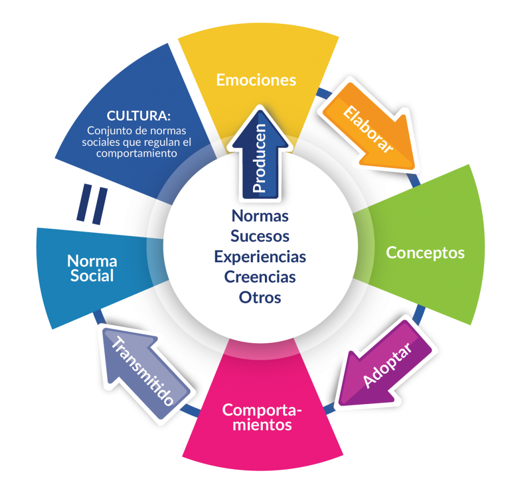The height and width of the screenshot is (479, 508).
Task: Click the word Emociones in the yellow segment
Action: tap(256, 80)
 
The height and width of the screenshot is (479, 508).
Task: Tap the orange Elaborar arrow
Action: tap(370, 130)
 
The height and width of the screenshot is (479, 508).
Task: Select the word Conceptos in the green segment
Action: tap(425, 252)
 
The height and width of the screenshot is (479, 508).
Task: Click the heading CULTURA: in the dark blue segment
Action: tap(139, 117)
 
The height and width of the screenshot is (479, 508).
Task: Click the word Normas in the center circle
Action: tap(260, 216)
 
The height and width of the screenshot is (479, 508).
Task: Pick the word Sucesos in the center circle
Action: tap(260, 236)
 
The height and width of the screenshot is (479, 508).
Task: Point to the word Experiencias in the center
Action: tap(260, 257)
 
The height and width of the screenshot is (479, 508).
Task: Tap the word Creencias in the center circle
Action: tap(260, 277)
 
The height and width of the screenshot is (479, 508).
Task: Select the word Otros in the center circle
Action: tap(260, 298)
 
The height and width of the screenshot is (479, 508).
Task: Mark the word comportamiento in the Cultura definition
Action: tap(137, 154)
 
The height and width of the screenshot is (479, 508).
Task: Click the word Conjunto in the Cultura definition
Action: tap(105, 131)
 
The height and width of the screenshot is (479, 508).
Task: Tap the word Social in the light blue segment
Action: tap(92, 276)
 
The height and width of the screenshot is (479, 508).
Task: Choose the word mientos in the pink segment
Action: tap(263, 425)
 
